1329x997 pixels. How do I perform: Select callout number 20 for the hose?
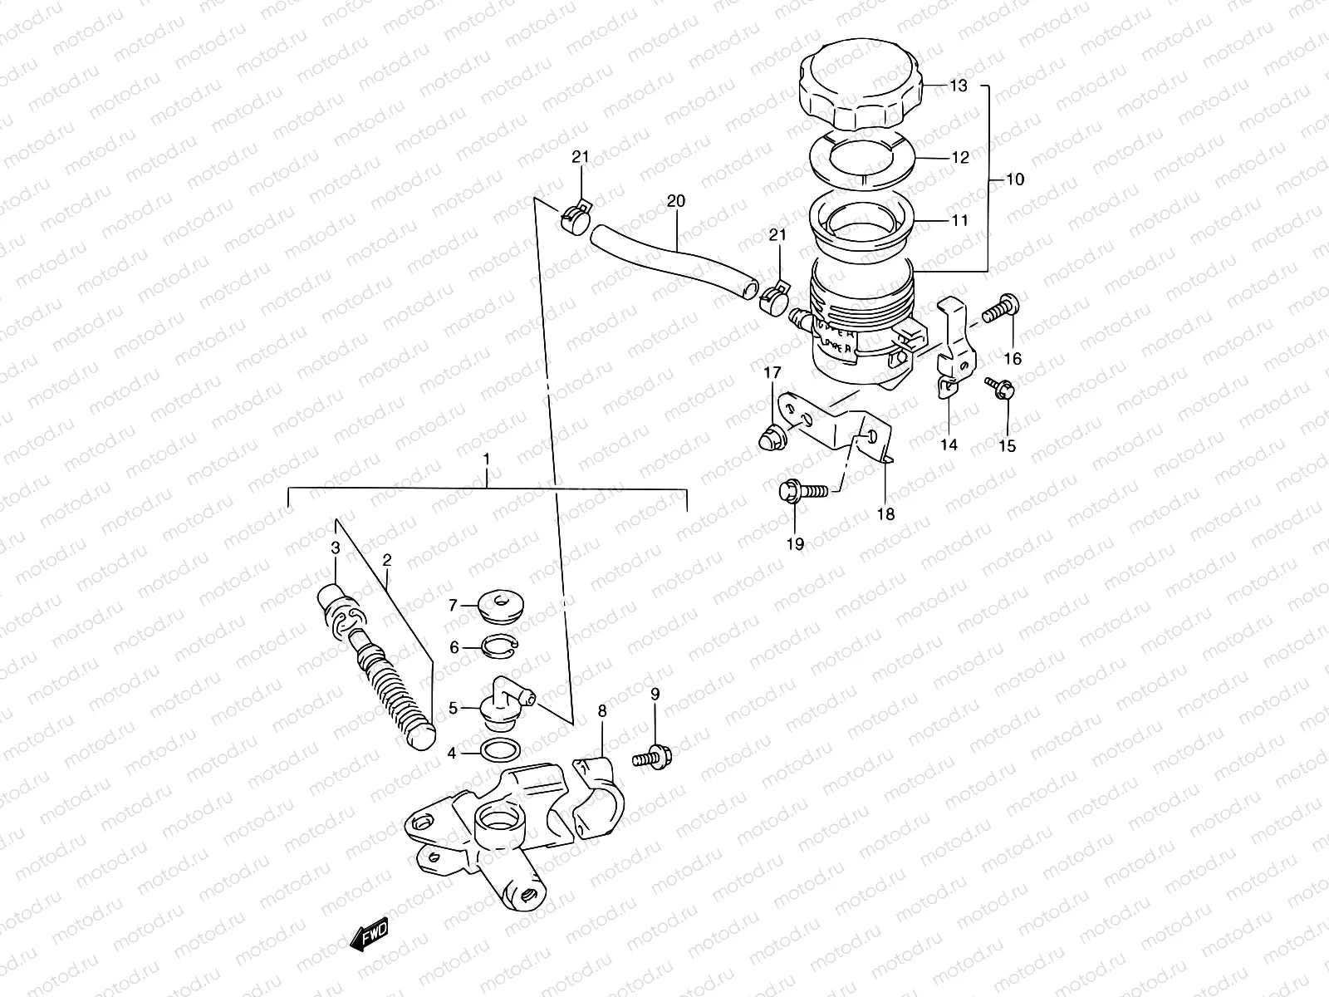tap(675, 202)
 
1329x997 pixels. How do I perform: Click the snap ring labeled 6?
tap(499, 647)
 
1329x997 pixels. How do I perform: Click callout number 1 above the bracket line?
tap(487, 459)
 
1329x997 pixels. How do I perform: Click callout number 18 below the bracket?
tap(885, 514)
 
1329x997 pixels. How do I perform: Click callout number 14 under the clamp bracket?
tap(949, 445)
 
